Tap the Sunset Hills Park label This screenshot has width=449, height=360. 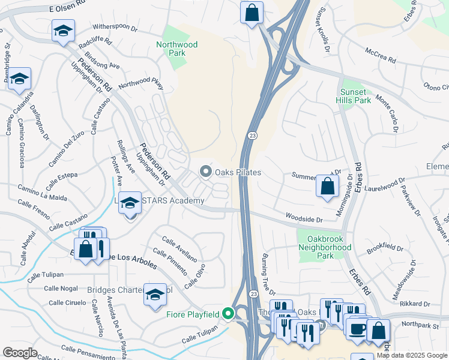tap(355, 96)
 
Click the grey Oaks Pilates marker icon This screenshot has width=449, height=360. tap(206, 172)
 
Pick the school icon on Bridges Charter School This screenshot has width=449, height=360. tap(155, 295)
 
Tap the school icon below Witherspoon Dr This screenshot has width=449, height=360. tap(62, 31)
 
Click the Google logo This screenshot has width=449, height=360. tap(20, 353)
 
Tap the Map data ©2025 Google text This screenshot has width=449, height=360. tap(411, 355)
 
